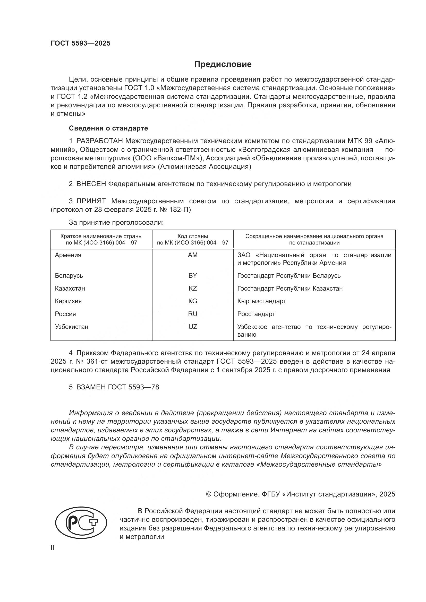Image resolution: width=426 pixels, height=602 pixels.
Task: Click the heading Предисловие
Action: click(x=223, y=64)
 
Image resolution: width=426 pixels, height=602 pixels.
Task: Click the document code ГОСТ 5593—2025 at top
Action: click(x=81, y=43)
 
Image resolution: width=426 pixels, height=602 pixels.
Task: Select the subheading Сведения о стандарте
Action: click(x=108, y=128)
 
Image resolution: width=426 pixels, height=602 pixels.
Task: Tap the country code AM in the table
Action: click(x=193, y=255)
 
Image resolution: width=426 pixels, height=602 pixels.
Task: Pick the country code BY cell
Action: click(x=193, y=276)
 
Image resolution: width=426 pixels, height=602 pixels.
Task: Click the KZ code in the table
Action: click(x=193, y=289)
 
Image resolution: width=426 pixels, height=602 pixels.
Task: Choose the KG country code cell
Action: click(x=193, y=301)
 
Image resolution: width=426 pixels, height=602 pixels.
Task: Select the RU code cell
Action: click(x=193, y=314)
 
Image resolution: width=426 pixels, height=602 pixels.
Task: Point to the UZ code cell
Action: click(x=193, y=327)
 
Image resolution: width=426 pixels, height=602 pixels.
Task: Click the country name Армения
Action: click(x=68, y=255)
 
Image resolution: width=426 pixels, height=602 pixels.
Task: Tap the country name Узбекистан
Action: click(x=72, y=327)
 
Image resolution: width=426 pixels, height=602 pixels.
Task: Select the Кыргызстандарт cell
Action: click(x=261, y=301)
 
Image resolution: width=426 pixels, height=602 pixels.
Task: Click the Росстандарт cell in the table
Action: click(x=256, y=314)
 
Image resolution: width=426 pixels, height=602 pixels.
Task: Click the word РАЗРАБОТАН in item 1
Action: click(x=100, y=141)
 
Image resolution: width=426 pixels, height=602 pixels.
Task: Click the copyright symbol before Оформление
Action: click(x=209, y=494)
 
